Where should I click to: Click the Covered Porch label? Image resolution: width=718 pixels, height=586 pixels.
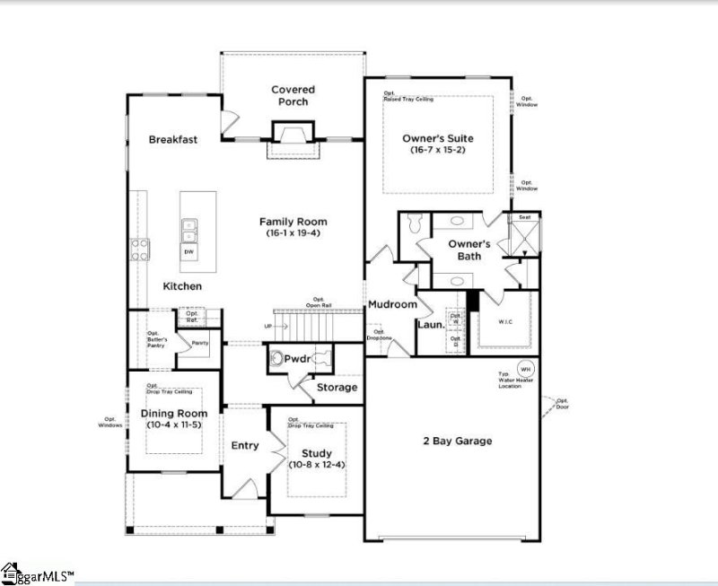293,95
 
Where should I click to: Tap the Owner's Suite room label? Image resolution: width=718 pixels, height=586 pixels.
439,138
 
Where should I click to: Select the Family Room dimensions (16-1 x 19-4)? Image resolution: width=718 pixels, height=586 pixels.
293,233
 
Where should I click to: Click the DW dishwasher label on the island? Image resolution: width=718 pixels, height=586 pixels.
189,252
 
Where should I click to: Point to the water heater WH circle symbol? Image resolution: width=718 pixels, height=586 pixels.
526,369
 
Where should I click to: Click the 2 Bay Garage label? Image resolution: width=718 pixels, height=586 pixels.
457,441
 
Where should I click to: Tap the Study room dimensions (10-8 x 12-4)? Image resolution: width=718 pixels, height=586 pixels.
316,465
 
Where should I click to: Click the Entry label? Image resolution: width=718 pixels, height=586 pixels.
245,446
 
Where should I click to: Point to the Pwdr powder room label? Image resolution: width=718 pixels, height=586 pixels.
297,359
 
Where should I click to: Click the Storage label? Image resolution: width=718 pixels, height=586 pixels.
337,388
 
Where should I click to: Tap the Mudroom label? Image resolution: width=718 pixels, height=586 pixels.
392,304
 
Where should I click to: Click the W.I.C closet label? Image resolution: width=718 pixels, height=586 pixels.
505,320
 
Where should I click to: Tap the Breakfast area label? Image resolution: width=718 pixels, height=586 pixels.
173,139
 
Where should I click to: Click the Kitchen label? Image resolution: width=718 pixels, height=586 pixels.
182,286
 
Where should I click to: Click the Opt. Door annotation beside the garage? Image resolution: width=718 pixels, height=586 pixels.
563,404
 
